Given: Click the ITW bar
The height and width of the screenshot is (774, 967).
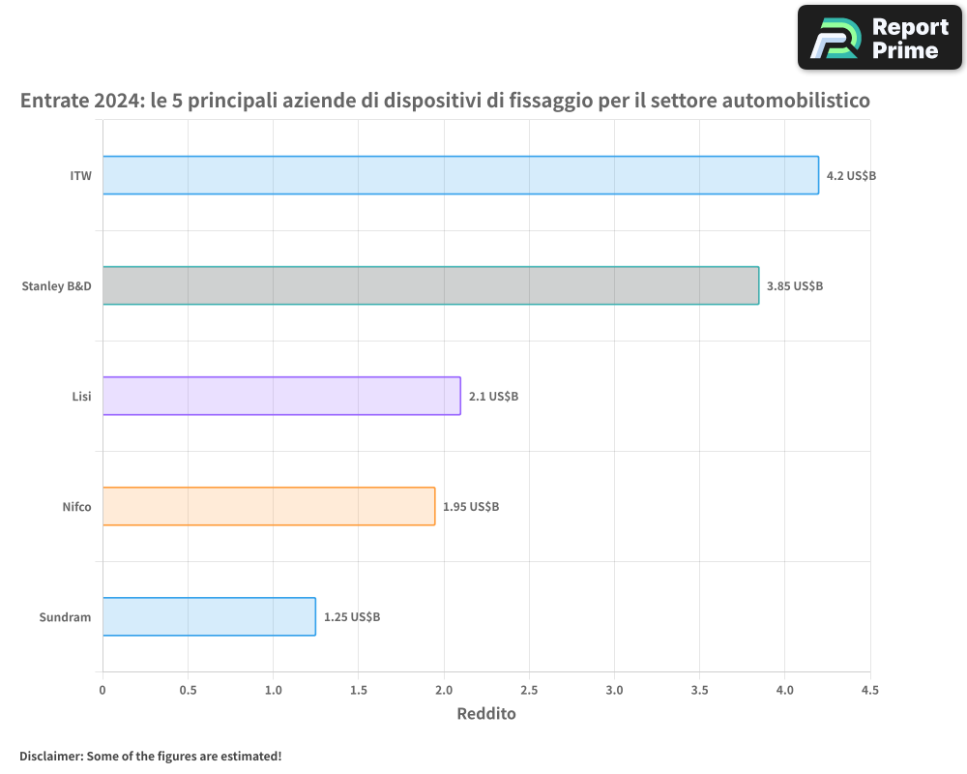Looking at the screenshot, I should tap(460, 175).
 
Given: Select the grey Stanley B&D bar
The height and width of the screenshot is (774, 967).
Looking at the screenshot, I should tap(430, 285).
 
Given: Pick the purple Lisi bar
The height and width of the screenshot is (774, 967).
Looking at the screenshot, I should tap(281, 396).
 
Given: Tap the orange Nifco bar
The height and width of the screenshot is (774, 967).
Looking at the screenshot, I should tap(269, 506).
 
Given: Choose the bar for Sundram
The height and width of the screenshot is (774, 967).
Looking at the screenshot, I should tap(209, 616).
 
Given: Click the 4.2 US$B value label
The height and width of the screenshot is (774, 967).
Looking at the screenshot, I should tap(851, 176).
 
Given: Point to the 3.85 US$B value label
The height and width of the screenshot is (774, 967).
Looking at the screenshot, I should tap(794, 286).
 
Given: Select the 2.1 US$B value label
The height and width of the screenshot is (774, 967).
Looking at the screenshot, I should tap(493, 397).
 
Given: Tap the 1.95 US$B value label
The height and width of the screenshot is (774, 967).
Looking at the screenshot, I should tap(471, 507).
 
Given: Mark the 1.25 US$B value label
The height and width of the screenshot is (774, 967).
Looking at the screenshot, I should tap(352, 617).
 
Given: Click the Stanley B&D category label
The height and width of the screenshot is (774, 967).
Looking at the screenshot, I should tap(56, 286).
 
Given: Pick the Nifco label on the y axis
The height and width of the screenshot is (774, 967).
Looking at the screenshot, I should tap(76, 507).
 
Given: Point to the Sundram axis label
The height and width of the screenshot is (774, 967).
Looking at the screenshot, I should tap(66, 617).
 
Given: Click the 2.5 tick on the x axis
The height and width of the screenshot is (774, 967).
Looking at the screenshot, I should tap(529, 690).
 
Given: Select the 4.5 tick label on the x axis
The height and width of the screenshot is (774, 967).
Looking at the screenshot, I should tap(869, 690).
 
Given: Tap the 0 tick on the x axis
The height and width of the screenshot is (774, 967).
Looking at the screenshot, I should tap(103, 690).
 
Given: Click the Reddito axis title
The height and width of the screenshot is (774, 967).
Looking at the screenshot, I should tap(485, 714).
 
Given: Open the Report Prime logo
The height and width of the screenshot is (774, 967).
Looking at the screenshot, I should tap(879, 38).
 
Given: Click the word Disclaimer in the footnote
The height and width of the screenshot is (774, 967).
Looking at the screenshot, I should tap(50, 756).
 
